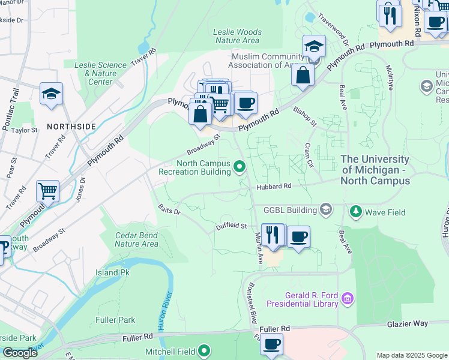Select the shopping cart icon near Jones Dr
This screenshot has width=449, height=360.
[x=47, y=191]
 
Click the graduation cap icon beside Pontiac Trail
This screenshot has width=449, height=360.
[x=52, y=94]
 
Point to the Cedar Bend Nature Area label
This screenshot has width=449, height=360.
[x=136, y=239]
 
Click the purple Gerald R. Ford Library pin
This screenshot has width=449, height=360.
[x=347, y=298]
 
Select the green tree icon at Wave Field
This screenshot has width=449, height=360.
[x=356, y=212]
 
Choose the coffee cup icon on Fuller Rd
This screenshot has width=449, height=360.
[x=271, y=345]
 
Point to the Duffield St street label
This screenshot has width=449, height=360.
[x=232, y=226]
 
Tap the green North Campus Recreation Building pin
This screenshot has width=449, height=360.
[x=240, y=166]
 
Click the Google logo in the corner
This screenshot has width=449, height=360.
[x=20, y=353]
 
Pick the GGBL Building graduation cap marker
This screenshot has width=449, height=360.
[x=326, y=209]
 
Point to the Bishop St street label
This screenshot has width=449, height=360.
[x=304, y=116]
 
